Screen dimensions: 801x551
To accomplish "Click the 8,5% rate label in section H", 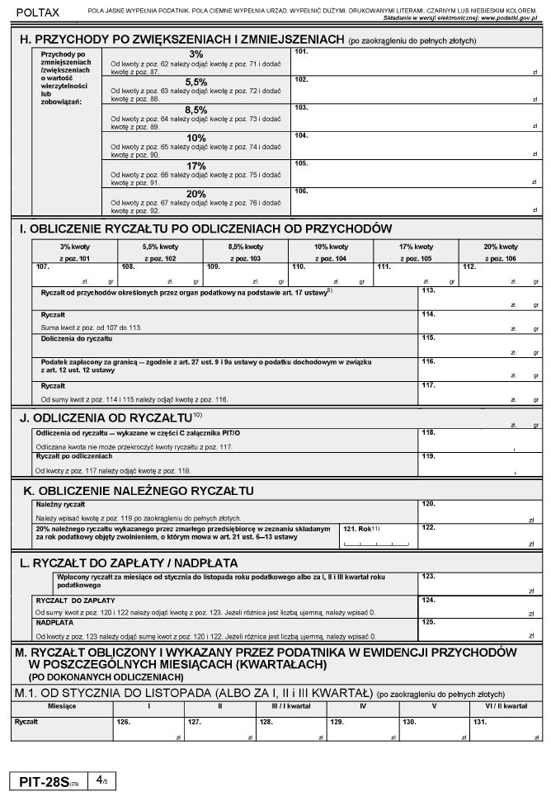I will tap(195, 110).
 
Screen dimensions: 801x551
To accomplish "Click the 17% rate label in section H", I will tap(195, 166).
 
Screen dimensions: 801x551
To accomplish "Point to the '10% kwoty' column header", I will tap(331, 247).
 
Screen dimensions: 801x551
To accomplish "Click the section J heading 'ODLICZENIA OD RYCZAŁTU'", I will tap(106, 417).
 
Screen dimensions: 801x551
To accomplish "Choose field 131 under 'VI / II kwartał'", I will tap(502, 727).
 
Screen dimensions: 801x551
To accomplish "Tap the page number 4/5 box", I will tap(101, 780).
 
